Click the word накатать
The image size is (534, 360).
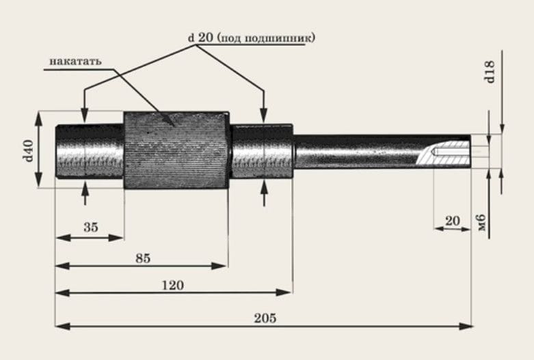click(75, 61)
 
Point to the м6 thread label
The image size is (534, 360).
click(481, 221)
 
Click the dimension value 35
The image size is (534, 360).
click(90, 227)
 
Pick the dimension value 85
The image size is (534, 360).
click(143, 258)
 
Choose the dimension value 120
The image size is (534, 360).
click(174, 285)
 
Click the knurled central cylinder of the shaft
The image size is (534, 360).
click(175, 150)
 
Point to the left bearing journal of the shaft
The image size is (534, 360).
click(89, 150)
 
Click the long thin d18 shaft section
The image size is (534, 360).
click(356, 151)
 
